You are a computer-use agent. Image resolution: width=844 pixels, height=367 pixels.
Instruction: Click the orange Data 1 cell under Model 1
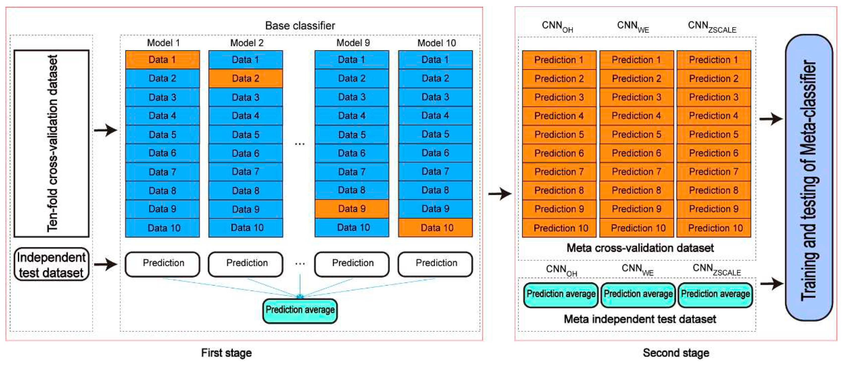pos(162,60)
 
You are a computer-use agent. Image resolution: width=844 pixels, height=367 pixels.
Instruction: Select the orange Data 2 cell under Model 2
pos(245,78)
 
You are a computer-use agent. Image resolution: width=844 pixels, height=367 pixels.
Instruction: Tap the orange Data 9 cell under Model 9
pos(352,209)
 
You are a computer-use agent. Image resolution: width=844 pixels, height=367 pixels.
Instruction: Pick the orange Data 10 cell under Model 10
pos(435,227)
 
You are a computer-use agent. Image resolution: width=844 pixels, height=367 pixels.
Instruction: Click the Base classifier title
pos(300,26)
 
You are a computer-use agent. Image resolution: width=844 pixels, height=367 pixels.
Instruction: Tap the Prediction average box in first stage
pos(300,310)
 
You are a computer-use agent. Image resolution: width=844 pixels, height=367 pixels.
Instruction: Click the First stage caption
pos(226,353)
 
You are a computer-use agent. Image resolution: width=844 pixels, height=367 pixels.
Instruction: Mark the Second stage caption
pos(676,353)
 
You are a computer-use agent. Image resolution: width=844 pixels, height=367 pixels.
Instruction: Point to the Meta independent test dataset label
pos(639,319)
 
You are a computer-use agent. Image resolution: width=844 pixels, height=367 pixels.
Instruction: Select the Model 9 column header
pos(353,43)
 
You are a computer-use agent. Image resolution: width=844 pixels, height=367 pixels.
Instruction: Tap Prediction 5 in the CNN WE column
pos(636,134)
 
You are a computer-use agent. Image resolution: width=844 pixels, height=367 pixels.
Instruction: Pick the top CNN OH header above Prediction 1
pos(557,26)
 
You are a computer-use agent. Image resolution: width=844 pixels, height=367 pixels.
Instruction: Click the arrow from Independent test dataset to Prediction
pos(106,264)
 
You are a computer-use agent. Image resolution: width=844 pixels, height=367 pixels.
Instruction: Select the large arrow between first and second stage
pos(500,194)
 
